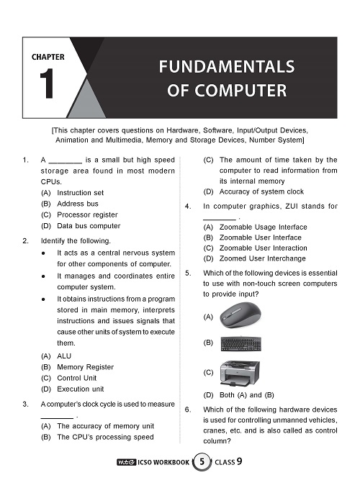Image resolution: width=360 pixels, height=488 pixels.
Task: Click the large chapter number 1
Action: coord(47,83)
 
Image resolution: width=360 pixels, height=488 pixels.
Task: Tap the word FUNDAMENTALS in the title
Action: coord(227,67)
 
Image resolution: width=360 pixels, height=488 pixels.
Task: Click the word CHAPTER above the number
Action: coord(48,57)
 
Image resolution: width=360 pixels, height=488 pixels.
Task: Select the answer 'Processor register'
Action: coord(87,214)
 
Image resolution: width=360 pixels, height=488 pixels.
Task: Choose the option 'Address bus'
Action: coord(78,204)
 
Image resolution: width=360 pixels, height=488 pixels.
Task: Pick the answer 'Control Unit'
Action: coord(76,378)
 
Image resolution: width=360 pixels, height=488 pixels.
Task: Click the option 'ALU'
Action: coord(64,356)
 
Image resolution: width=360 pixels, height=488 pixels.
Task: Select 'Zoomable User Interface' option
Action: coord(261,238)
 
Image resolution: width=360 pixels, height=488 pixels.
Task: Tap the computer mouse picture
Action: coord(240,315)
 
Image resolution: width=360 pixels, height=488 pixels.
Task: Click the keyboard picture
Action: coord(240,343)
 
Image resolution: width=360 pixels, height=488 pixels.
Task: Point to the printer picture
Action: coord(240,373)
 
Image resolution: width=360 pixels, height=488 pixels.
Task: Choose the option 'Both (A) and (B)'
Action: coord(247,395)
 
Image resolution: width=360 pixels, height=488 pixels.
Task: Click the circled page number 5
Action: coord(202,461)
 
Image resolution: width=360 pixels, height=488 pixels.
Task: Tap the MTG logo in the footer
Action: coord(126,462)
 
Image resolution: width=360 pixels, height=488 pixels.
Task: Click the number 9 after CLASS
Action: coord(239,461)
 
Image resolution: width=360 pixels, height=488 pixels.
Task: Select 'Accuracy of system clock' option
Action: coord(261,191)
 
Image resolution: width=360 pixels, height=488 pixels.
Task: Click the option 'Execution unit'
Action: coord(81,389)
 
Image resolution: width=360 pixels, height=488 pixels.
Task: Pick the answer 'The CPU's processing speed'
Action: coord(105,438)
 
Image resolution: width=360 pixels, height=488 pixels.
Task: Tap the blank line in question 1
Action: coord(66,163)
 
